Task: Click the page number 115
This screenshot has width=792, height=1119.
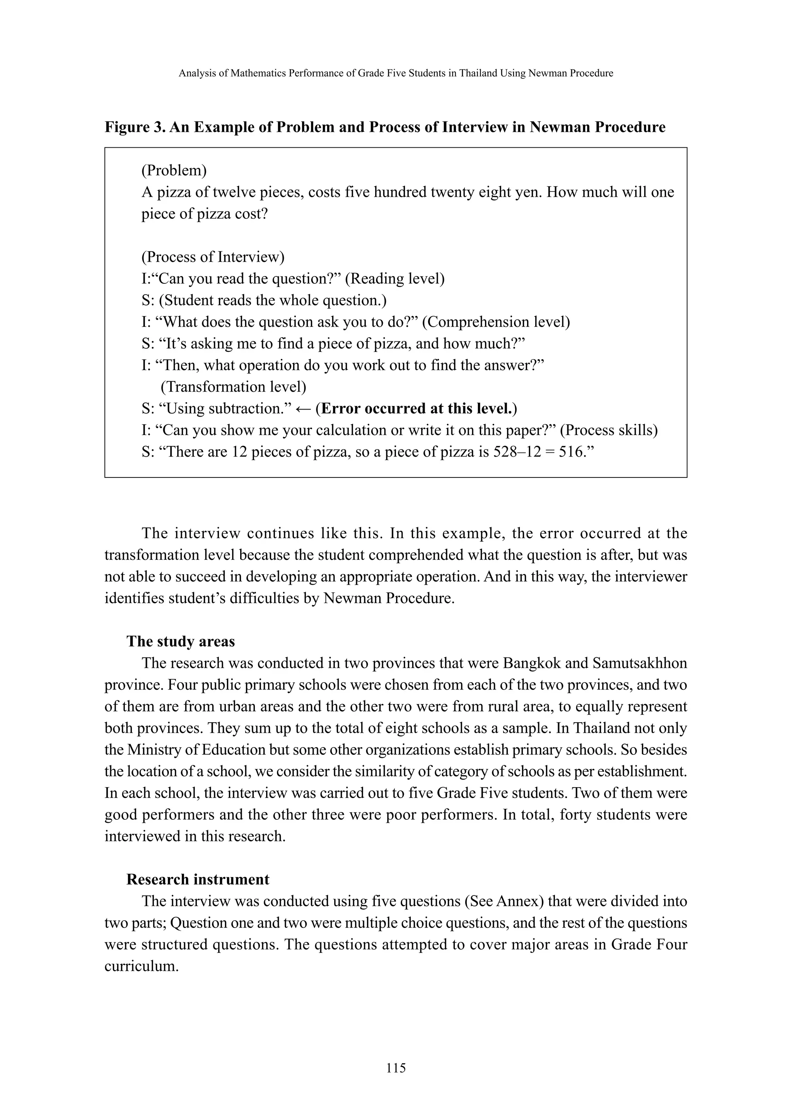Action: tap(396, 1068)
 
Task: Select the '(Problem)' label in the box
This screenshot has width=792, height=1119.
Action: tap(174, 170)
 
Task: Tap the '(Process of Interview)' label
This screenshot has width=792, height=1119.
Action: tap(213, 257)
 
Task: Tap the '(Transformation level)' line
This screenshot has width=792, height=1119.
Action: tap(234, 387)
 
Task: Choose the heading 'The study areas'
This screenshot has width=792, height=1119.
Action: tap(181, 641)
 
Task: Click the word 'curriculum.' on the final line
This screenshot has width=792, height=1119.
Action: tap(142, 966)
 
